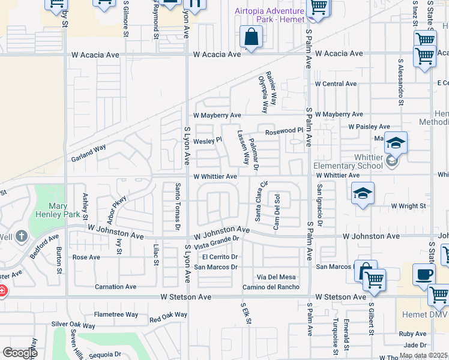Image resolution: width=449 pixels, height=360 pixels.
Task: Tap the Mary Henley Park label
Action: pos(59,211)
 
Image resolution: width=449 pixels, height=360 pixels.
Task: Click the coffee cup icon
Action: pos(424,275)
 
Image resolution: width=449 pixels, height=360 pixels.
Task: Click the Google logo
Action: pos(20,353)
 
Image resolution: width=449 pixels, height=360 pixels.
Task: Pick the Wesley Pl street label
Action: pos(208,140)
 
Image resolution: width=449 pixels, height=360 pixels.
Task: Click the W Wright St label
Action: pos(408,206)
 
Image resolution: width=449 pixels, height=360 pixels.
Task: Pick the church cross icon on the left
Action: pos(22,236)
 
